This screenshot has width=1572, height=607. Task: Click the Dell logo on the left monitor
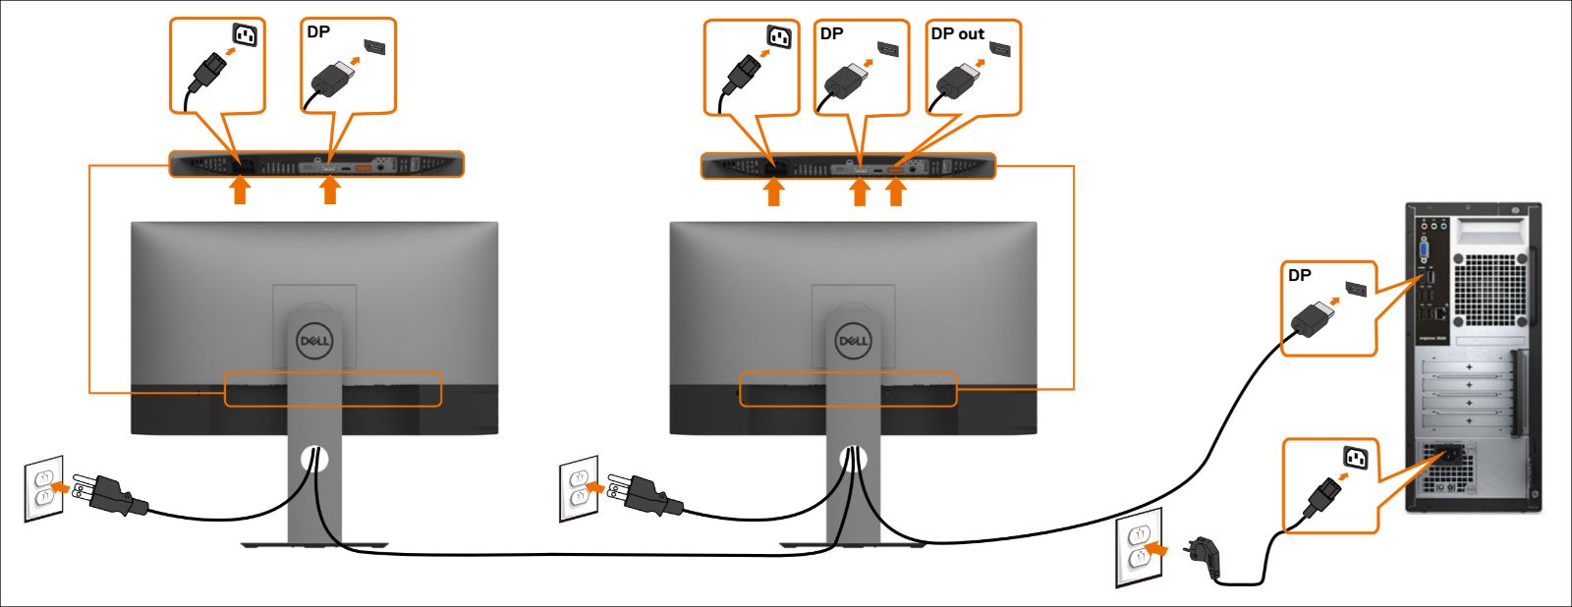click(314, 341)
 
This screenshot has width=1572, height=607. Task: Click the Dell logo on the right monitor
click(853, 341)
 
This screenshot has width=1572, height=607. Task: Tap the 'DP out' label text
click(957, 34)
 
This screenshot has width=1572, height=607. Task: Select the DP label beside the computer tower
click(1300, 276)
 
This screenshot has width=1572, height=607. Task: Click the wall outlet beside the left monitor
click(44, 488)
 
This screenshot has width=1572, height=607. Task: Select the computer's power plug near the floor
click(1205, 555)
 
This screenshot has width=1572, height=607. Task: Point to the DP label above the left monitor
click(318, 32)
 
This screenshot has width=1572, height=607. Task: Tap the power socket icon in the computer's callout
click(1357, 457)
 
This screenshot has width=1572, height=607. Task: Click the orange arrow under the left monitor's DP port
click(330, 191)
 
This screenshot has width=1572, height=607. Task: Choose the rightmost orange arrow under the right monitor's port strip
click(895, 192)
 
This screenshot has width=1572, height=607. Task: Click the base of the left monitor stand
click(314, 544)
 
